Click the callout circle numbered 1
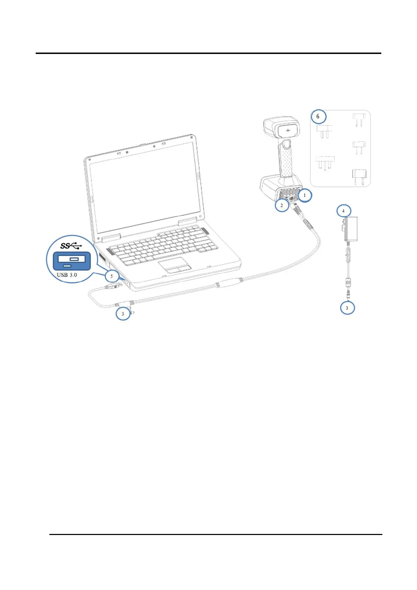[305, 195]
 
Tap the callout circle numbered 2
[282, 205]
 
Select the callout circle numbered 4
[343, 211]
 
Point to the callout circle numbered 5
[112, 276]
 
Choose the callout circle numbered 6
[318, 116]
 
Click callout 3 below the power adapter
[347, 308]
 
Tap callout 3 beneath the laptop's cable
[123, 314]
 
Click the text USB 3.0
[67, 275]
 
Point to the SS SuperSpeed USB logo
[71, 245]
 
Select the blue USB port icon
[71, 261]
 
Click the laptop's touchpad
[175, 265]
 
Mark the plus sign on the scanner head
[288, 130]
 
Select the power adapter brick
[351, 228]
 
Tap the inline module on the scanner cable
[229, 282]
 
